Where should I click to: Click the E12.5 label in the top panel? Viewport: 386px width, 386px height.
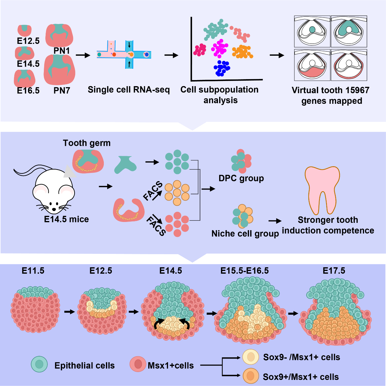coord(28,41)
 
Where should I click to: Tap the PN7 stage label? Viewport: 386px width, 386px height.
coord(62,90)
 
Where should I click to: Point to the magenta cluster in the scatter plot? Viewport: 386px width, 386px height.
coord(219,48)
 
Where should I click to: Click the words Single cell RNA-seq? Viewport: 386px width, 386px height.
coord(128,89)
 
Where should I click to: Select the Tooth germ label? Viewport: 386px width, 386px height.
coord(87,143)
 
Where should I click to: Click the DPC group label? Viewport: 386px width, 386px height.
coord(241,178)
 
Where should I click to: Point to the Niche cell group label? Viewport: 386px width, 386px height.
coord(245,233)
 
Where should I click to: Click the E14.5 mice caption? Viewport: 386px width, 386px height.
coord(66,219)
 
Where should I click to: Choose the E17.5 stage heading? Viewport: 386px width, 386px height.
coord(334,271)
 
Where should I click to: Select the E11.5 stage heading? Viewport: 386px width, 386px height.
coord(33,271)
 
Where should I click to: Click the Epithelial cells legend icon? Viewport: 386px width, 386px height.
coord(39,364)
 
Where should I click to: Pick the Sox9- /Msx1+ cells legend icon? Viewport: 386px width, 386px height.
coord(251,357)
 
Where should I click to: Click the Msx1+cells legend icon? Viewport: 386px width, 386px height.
coord(138,364)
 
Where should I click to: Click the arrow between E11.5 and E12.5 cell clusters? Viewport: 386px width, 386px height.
coord(69,311)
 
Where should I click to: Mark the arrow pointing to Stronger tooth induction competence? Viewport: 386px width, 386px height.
coord(275,221)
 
